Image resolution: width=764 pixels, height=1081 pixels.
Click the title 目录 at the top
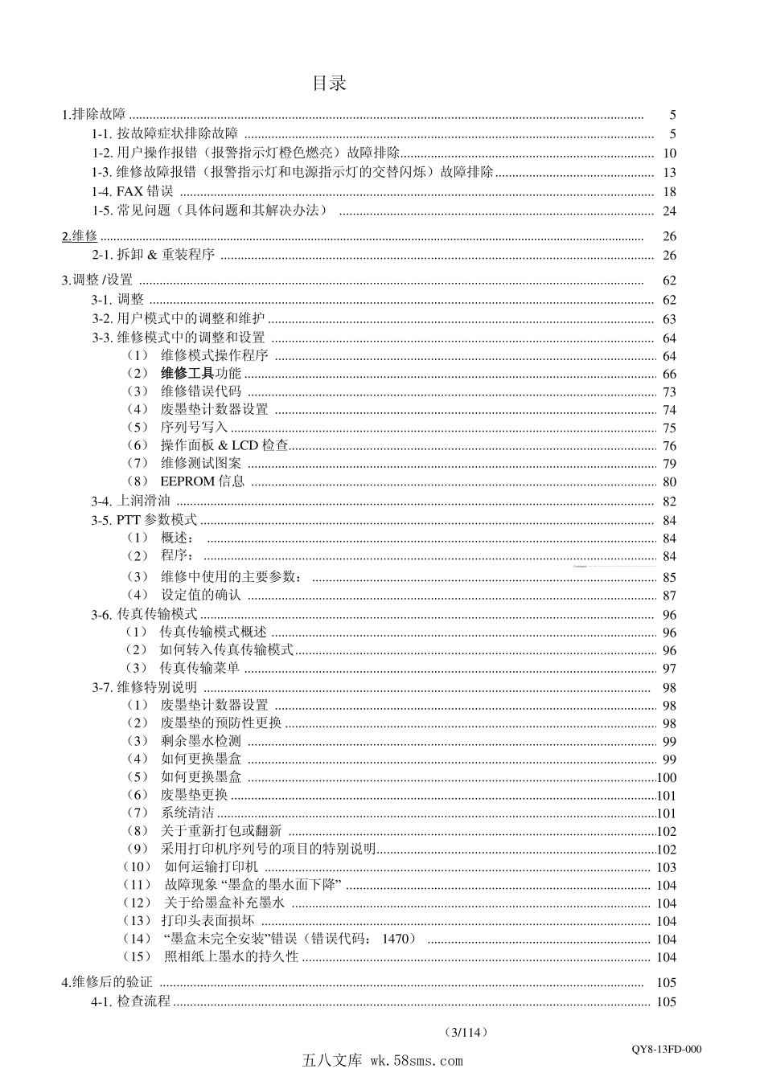pos(330,83)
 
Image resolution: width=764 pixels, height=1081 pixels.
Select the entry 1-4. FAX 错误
pos(133,191)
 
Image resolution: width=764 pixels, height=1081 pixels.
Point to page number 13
pos(669,172)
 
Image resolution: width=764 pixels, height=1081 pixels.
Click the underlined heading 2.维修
pos(80,235)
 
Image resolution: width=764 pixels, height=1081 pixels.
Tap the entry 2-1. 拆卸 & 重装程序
pos(153,255)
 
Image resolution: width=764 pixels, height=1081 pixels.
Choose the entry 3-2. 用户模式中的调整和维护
pos(178,318)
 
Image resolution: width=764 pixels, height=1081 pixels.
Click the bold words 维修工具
pos(187,373)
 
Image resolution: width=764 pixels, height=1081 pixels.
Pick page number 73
pos(669,391)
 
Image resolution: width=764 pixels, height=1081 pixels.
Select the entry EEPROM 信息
pos(202,481)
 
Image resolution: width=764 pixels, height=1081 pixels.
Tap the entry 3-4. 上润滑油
pos(131,501)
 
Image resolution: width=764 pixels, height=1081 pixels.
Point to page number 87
pos(669,596)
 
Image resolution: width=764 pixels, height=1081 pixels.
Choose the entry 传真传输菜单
pos(199,668)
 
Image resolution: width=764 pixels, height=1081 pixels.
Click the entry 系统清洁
pos(187,813)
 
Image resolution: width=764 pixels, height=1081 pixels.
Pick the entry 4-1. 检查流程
pos(131,1001)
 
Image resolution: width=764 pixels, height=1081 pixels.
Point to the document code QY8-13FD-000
pos(667,1049)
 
